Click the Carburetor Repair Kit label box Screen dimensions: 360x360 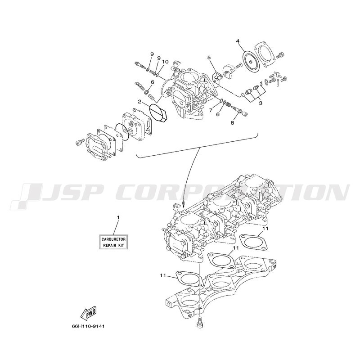[113, 242]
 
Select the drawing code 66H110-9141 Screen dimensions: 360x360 [88, 326]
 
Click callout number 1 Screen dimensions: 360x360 [118, 217]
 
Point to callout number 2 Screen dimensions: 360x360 [139, 101]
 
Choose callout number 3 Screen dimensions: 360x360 [261, 103]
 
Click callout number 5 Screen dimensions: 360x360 [209, 58]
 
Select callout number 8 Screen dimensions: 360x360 [232, 123]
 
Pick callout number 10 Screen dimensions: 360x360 [165, 62]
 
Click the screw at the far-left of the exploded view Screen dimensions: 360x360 [79, 142]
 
